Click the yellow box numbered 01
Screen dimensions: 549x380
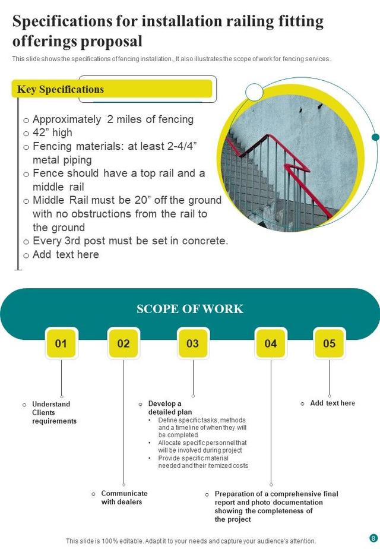point(61,343)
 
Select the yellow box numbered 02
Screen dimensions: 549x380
point(123,343)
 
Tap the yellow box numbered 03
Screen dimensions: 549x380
point(193,343)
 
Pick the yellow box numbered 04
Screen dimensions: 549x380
point(271,343)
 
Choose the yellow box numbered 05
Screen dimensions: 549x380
point(329,343)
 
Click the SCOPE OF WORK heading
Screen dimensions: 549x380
point(190,309)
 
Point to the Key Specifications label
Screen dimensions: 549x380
point(61,89)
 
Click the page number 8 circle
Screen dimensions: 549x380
point(373,538)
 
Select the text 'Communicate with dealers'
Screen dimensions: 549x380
point(123,497)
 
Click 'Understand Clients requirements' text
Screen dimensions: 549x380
point(53,412)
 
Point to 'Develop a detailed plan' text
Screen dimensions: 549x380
point(170,408)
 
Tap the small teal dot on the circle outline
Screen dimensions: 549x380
point(375,137)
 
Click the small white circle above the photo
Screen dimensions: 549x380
point(254,92)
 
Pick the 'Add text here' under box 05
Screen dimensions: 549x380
point(332,403)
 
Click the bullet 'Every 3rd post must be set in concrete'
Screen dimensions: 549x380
point(129,241)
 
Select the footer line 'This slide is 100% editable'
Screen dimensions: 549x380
point(191,541)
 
